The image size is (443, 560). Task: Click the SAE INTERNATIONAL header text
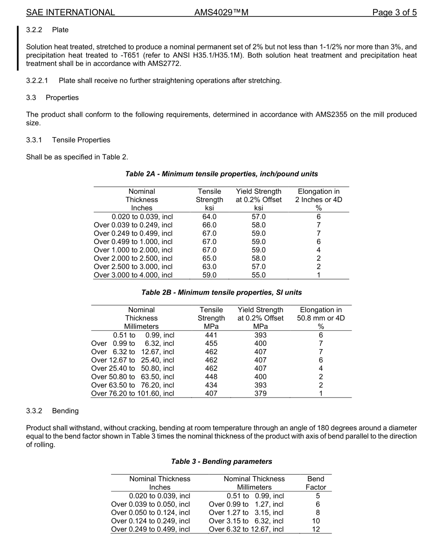coord(70,13)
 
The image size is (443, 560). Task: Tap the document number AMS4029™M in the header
coord(221,13)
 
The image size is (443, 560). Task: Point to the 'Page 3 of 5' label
coord(394,13)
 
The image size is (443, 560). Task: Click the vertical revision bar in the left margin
coord(18,48)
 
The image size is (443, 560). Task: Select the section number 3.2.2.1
coord(37,81)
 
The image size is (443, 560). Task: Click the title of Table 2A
coord(221,174)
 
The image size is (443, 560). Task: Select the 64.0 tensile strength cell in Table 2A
coord(209,217)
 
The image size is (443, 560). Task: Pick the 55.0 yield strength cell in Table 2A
coord(258,275)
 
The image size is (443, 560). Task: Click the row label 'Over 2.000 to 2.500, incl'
coord(133,259)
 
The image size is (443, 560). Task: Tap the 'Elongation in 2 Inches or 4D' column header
coord(318,199)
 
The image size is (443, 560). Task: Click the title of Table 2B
coord(221,293)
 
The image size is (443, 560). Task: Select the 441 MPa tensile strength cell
coord(211,335)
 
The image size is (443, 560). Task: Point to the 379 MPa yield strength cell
coord(260,394)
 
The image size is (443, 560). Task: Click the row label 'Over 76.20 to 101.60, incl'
coord(132,394)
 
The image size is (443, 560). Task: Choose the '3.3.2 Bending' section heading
coord(52,411)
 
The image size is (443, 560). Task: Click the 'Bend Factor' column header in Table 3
coord(316,483)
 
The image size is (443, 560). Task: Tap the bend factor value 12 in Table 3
coord(316,529)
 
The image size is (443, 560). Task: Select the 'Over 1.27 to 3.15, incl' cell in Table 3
coord(246,512)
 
